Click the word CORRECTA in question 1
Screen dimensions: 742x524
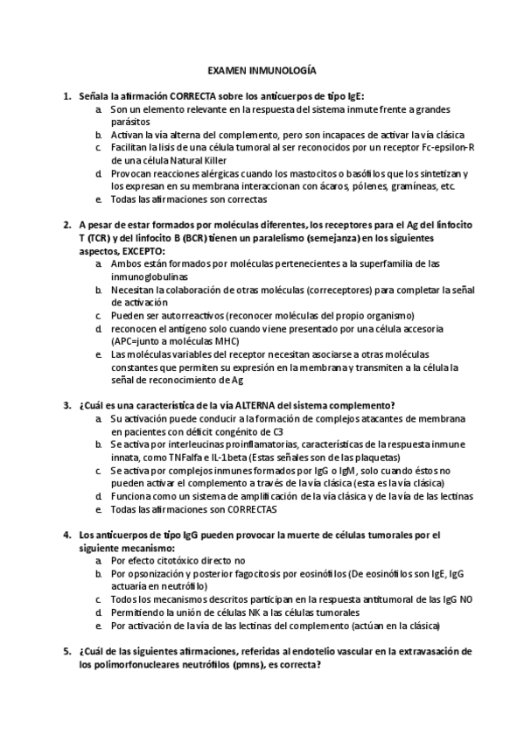pyautogui.click(x=195, y=95)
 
